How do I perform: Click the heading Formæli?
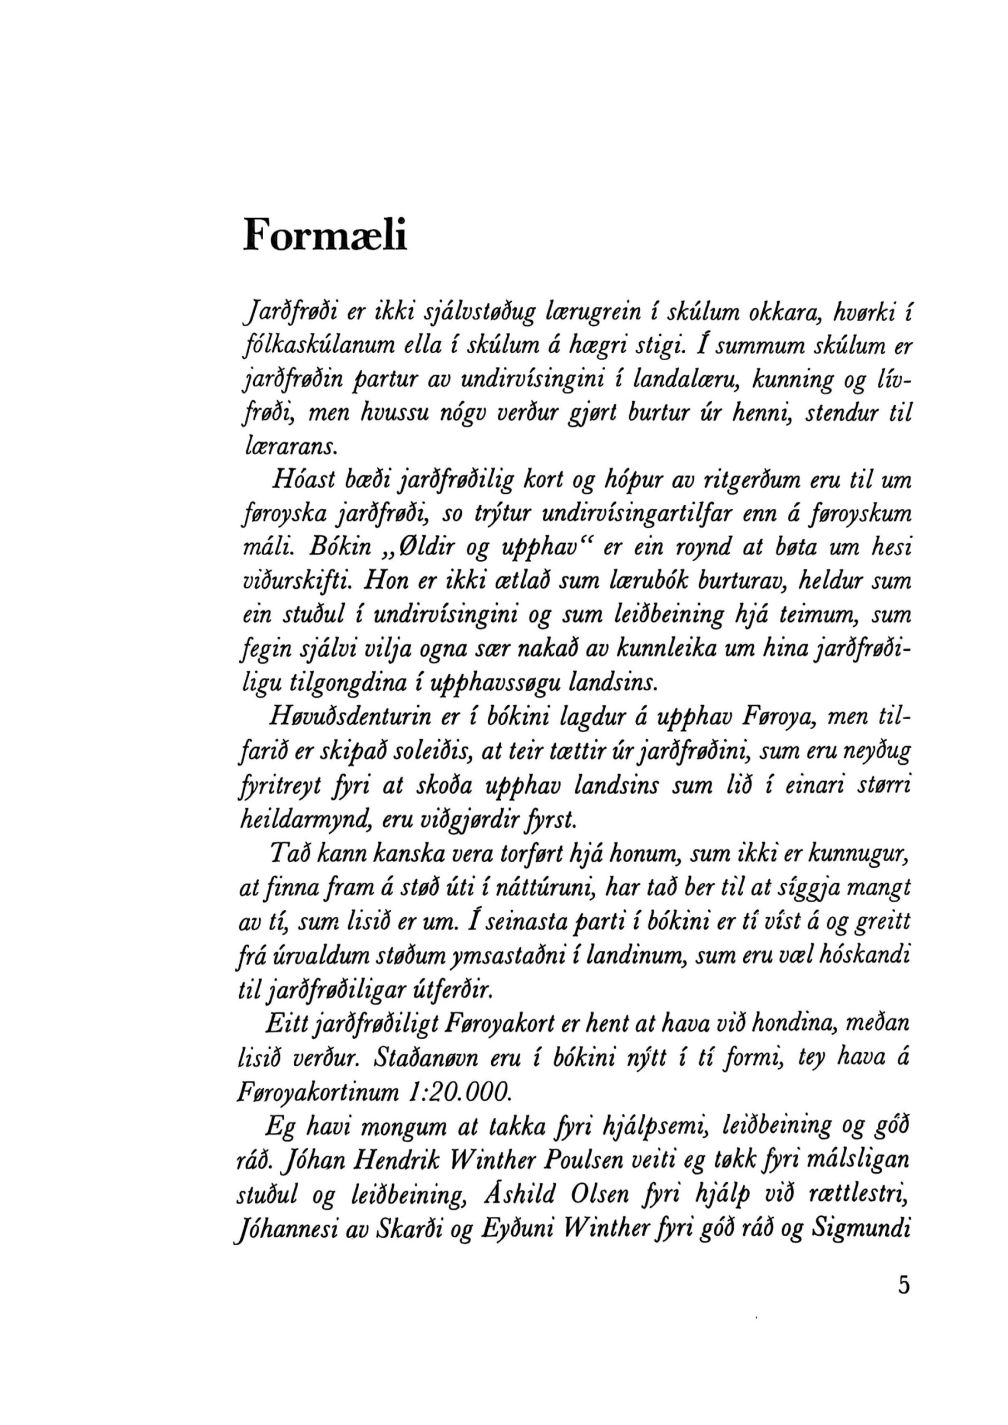click(x=325, y=235)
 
